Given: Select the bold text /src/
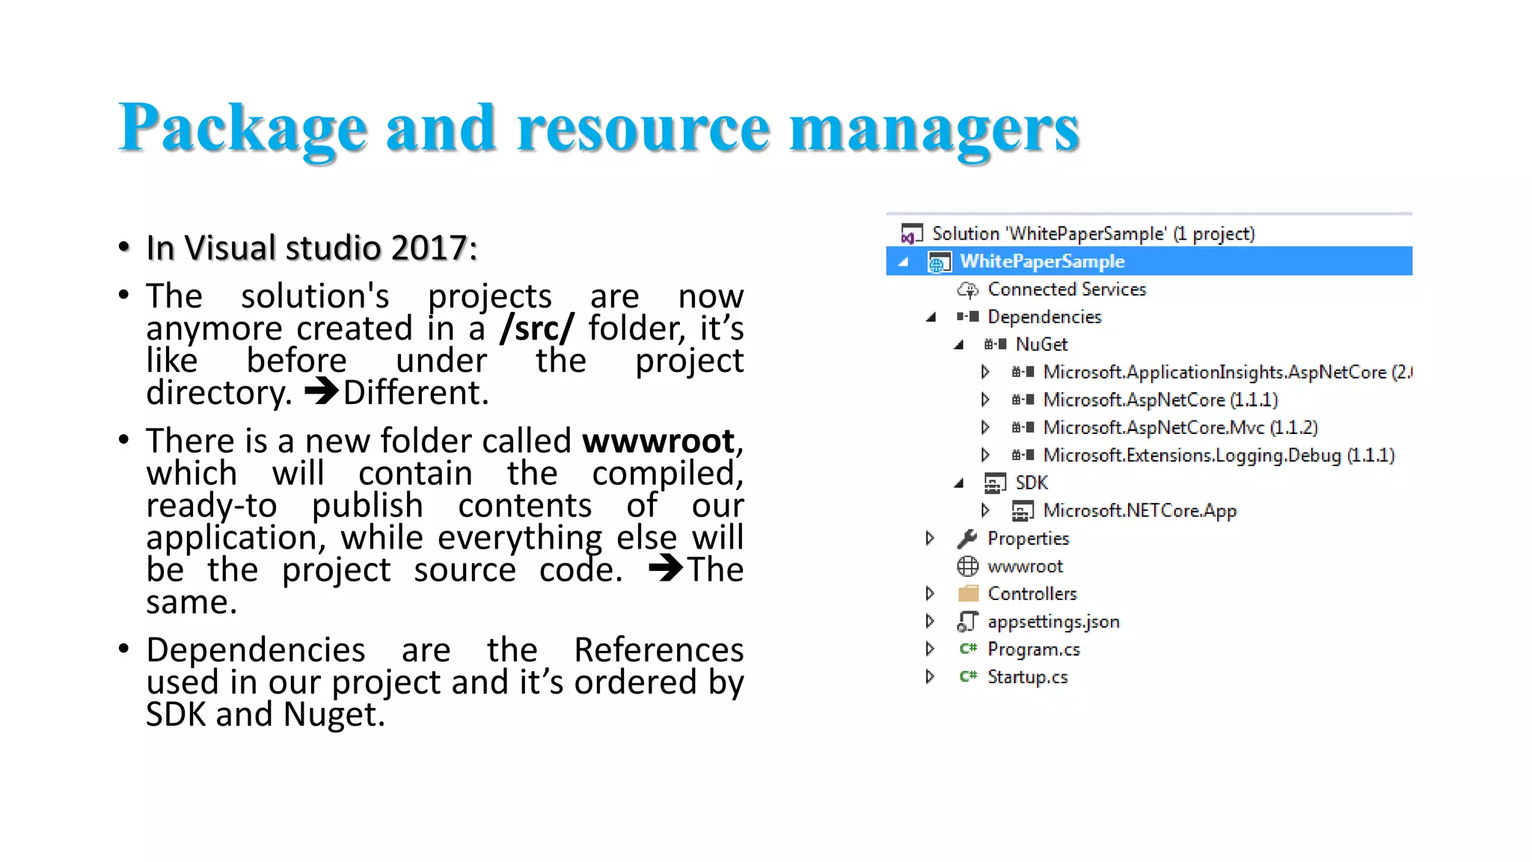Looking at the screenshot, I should (537, 328).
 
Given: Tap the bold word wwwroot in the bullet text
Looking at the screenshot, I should (658, 441).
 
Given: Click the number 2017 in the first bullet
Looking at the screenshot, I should (429, 248).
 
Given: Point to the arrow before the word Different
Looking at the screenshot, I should (322, 391).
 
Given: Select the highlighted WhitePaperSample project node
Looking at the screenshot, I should (1042, 261).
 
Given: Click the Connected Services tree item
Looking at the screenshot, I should (1066, 289).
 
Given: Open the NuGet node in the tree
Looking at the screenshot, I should (1041, 344).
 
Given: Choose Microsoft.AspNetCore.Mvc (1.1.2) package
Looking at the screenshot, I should (1180, 427).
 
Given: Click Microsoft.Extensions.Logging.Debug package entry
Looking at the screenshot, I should (1219, 455).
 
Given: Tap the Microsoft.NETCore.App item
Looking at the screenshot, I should (1139, 510).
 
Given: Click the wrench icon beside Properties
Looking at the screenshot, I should (967, 538).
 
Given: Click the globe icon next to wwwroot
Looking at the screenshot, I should (967, 566).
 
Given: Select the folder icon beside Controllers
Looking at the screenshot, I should (968, 593).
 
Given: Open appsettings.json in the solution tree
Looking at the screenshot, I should (1053, 621).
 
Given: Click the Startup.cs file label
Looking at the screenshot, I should (1027, 676).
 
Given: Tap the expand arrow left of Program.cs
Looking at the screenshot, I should (930, 649).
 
